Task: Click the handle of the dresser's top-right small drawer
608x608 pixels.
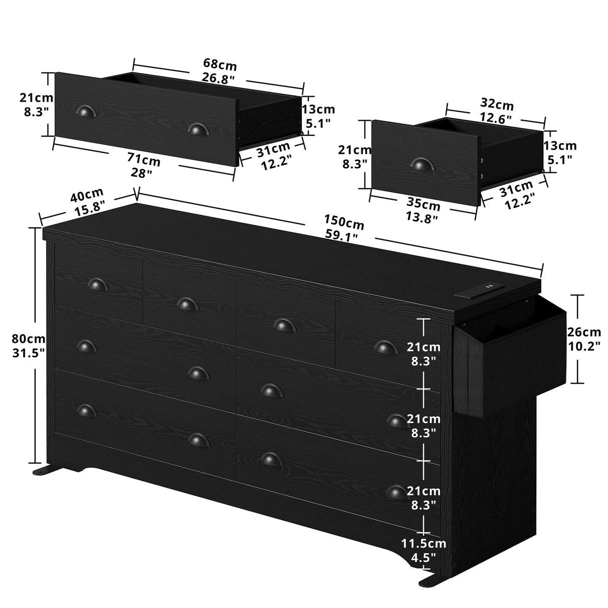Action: point(384,347)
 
